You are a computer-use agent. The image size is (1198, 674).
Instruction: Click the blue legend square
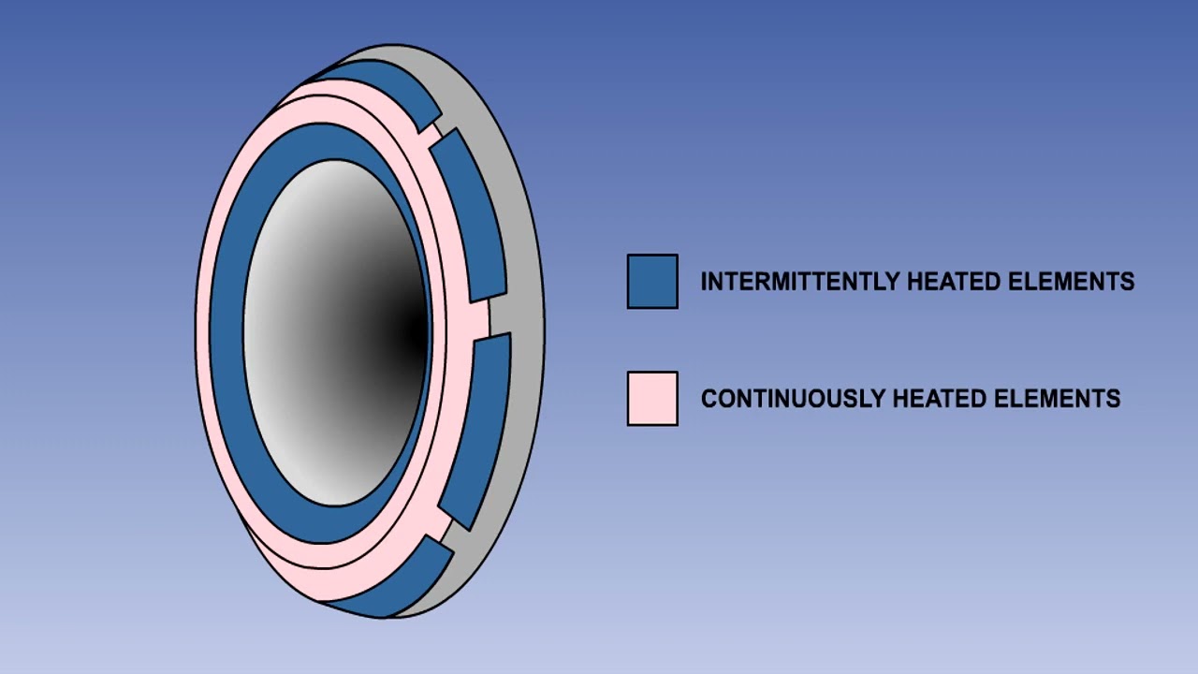pyautogui.click(x=652, y=282)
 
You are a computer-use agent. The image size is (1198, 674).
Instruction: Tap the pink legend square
pyautogui.click(x=652, y=399)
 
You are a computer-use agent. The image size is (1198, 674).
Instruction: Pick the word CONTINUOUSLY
pyautogui.click(x=793, y=399)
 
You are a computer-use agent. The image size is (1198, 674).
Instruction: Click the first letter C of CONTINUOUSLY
pyautogui.click(x=709, y=399)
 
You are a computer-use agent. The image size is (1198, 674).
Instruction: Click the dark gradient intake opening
pyautogui.click(x=336, y=332)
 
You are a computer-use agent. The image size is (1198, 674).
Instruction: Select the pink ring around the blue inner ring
pyautogui.click(x=203, y=331)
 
